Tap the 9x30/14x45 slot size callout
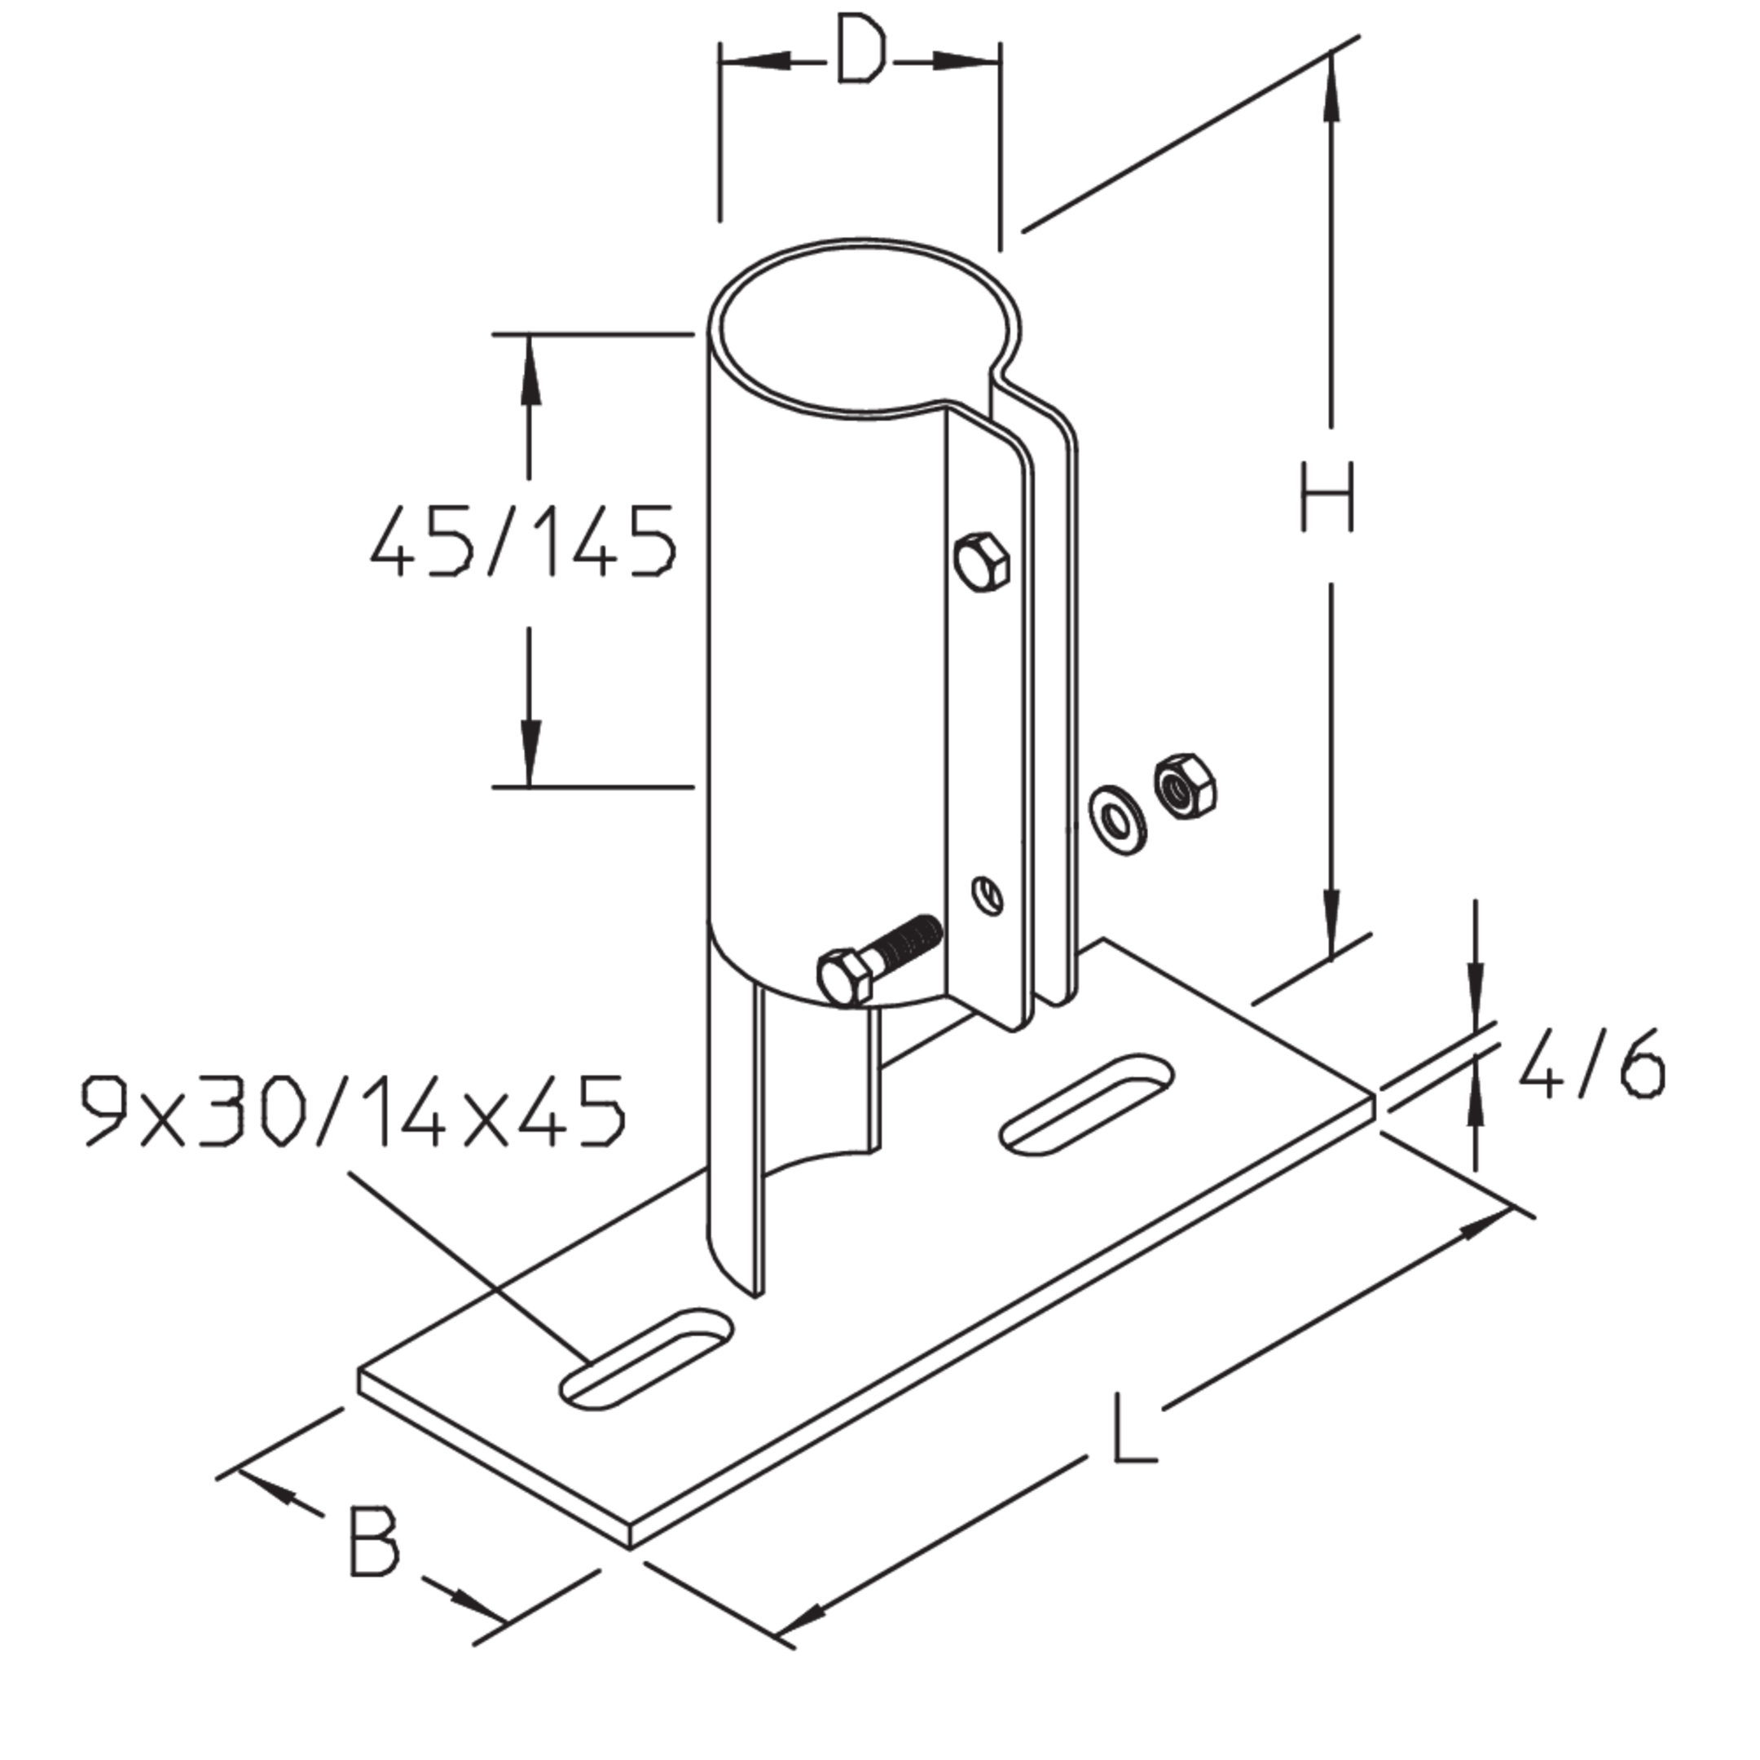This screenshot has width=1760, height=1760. (354, 1111)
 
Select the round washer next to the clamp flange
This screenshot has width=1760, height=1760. (1118, 817)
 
